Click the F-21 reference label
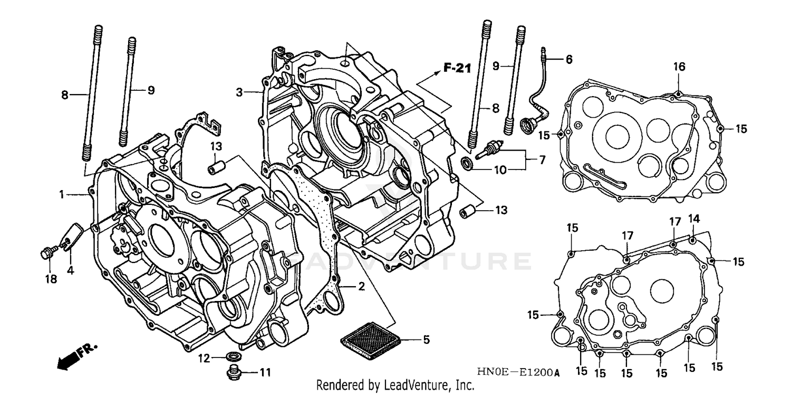pyautogui.click(x=456, y=68)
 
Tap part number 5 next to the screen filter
pyautogui.click(x=426, y=340)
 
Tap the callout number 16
pyautogui.click(x=679, y=67)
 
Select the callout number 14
pyautogui.click(x=693, y=219)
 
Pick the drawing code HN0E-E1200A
pyautogui.click(x=518, y=373)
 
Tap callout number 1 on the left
pyautogui.click(x=62, y=194)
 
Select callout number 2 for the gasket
pyautogui.click(x=361, y=287)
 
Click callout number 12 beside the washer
pyautogui.click(x=204, y=359)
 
